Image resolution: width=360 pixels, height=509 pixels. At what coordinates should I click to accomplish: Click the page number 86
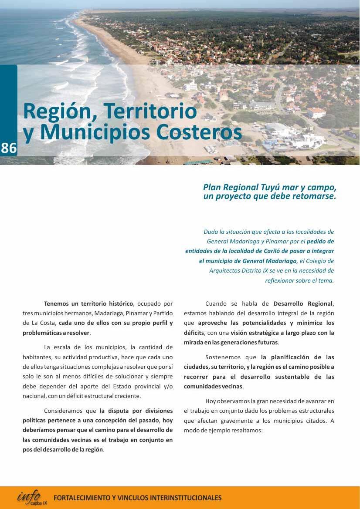9,148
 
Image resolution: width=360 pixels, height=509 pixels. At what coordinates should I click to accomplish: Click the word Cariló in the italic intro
273,251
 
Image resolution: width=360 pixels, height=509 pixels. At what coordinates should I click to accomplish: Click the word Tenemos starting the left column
56,303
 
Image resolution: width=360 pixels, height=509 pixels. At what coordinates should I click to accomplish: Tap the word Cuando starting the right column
217,303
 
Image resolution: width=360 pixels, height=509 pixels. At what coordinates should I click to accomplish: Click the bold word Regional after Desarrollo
320,303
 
